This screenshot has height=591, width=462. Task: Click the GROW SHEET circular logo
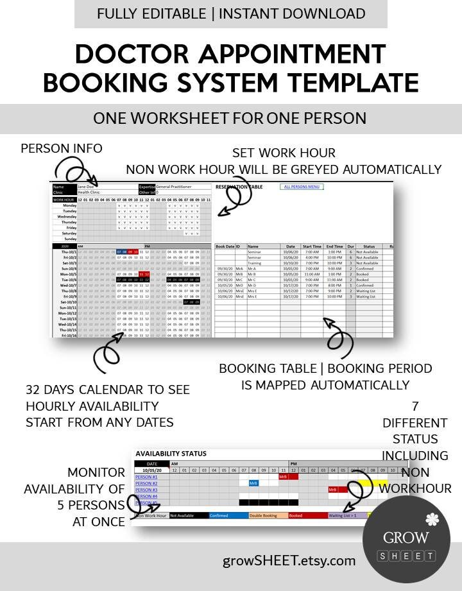[406, 538]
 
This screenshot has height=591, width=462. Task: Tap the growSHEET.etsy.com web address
[289, 560]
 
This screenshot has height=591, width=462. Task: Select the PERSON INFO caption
[62, 148]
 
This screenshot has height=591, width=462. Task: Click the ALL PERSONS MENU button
[303, 187]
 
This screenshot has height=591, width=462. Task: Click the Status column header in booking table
[369, 246]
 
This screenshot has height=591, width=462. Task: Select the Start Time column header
[312, 246]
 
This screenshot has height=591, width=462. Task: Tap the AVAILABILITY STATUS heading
[171, 453]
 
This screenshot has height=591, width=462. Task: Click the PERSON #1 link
[146, 477]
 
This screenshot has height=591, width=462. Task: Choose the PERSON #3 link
[146, 490]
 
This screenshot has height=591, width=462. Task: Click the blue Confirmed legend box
[227, 515]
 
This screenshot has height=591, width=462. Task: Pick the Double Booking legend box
[267, 515]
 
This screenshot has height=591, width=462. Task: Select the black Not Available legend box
[187, 515]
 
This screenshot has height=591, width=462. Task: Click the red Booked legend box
[307, 515]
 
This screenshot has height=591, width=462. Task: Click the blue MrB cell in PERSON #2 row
[253, 483]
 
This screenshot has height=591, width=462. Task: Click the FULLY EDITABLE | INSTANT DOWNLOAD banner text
[231, 13]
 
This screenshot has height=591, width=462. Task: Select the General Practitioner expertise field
[183, 187]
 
